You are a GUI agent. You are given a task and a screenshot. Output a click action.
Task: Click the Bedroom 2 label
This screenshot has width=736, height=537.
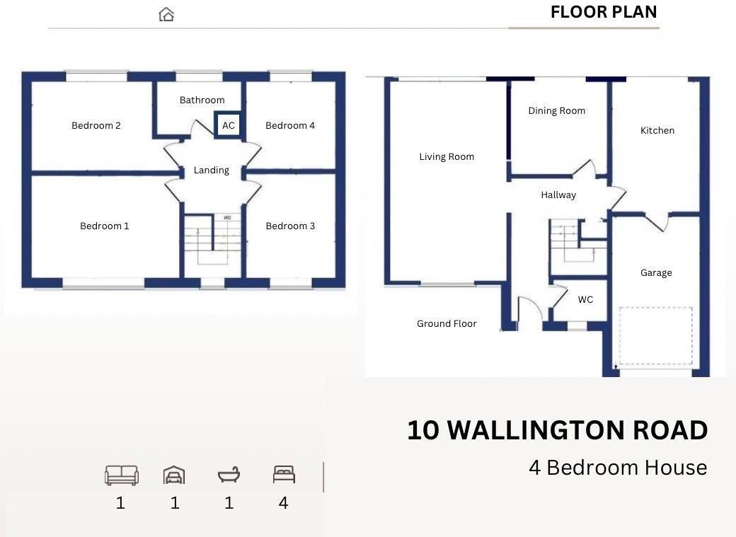(x=96, y=125)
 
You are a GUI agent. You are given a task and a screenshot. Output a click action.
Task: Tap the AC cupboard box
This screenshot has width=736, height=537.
(x=228, y=125)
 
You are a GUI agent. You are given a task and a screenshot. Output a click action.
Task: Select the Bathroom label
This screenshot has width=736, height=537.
(x=202, y=100)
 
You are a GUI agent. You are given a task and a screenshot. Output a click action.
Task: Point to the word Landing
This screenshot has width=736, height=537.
(x=211, y=171)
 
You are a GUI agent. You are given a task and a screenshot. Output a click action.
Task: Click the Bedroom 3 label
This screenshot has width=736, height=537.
(x=290, y=226)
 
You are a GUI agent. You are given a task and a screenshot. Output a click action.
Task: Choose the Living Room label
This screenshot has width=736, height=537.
(x=447, y=157)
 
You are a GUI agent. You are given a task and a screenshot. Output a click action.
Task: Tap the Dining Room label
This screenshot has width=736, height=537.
(x=557, y=111)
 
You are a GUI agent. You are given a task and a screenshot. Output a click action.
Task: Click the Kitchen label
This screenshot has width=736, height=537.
(x=657, y=130)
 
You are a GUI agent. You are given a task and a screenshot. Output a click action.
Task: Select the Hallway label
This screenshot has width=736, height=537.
(x=558, y=195)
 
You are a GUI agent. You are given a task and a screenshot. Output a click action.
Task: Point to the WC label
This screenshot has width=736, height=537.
(x=585, y=299)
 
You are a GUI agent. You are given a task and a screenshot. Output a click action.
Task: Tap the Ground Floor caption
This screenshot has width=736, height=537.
(x=447, y=323)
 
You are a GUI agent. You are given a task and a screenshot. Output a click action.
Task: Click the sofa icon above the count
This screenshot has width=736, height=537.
(x=121, y=475)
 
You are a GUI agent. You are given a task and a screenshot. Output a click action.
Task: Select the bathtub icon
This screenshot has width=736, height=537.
(x=229, y=475)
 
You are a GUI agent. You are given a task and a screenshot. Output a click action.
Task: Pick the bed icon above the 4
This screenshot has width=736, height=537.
(x=284, y=474)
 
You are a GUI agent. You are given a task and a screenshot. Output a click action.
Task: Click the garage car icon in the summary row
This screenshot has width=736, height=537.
(x=174, y=475)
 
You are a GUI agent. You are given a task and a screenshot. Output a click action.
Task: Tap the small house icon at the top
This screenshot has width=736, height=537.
(x=166, y=15)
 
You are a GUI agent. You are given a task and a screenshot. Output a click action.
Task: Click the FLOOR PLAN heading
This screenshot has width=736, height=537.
(x=604, y=12)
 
